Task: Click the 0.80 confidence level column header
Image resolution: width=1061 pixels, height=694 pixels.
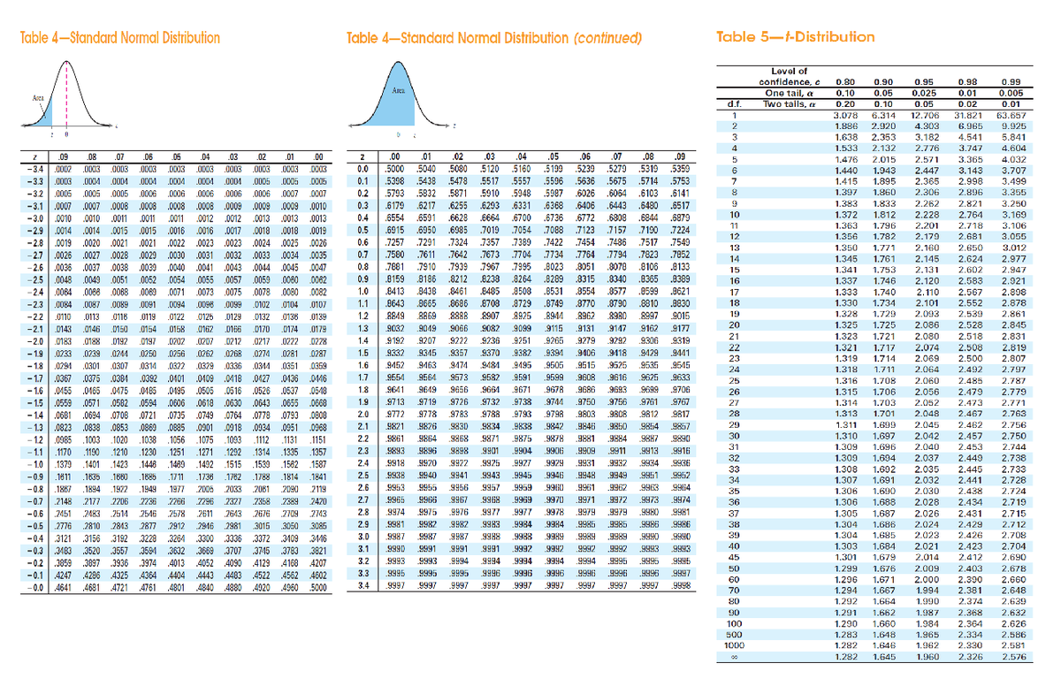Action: tap(845, 81)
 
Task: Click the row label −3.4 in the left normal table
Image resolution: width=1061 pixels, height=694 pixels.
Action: tap(32, 167)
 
